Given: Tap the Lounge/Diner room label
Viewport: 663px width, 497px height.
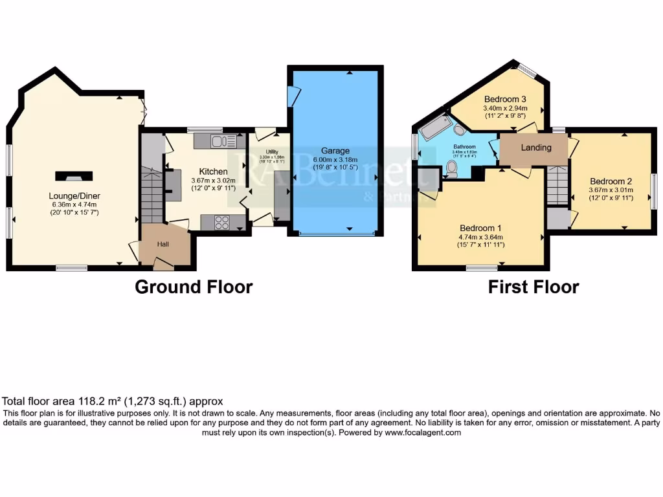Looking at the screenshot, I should coord(74,196).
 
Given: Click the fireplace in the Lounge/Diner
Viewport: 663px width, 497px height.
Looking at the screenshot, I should coord(74,175).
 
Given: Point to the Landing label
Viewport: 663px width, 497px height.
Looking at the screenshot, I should coord(536,148).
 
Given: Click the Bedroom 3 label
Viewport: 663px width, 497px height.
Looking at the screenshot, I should coord(505,99).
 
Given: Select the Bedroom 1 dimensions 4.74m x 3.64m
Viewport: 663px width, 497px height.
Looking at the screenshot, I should coord(481,237).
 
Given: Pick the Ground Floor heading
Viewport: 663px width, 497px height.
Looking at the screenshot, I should coord(194,287).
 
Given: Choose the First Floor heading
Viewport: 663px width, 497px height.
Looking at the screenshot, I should coord(534,287).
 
